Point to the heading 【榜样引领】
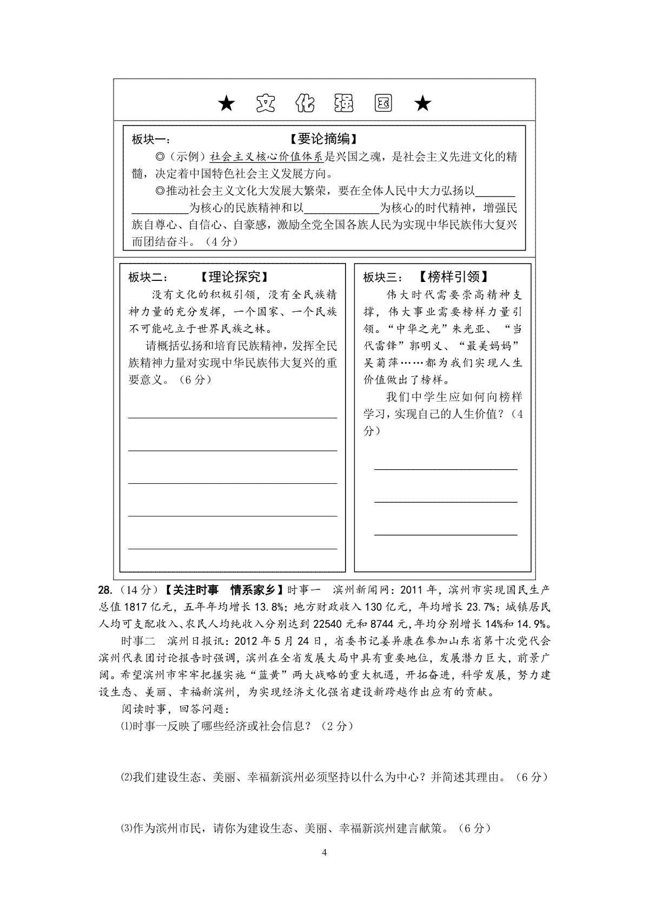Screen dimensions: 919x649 click(453, 277)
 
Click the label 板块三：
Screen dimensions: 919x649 click(383, 278)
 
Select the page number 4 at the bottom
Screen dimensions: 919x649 click(324, 853)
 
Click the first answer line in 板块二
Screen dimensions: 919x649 click(233, 417)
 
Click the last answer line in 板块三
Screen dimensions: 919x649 click(446, 535)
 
